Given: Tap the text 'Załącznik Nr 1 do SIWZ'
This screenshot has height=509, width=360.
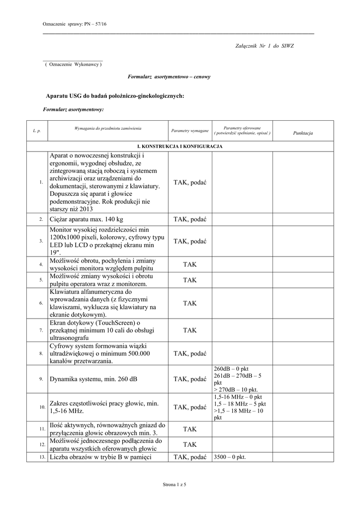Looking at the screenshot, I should point(264,46).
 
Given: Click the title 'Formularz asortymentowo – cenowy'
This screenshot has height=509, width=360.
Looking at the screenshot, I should point(169,77).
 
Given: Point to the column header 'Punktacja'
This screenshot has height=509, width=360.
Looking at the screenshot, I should point(303,133).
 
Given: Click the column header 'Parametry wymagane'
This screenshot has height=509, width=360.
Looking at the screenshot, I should point(189,131).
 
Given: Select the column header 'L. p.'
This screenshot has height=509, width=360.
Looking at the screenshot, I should point(37,131).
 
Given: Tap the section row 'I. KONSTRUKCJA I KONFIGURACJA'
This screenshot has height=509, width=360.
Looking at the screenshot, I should point(180,147).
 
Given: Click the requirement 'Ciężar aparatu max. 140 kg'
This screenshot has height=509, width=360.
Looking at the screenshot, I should point(87,219).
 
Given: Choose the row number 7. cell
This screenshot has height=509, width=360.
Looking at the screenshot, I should point(41,330).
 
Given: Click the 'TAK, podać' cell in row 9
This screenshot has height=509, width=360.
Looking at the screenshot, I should point(189,379).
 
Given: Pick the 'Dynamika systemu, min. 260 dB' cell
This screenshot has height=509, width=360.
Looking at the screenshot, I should point(92,379).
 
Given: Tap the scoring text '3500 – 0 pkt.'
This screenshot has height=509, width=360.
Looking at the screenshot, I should point(230,457).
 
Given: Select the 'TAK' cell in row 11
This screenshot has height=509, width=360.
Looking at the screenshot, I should point(189,429).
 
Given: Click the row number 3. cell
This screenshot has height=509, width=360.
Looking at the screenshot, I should point(41,241).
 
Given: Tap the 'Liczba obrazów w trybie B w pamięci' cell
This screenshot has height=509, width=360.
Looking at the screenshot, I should point(99,457).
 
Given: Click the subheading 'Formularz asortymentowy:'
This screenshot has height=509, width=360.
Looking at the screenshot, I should point(73,108).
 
